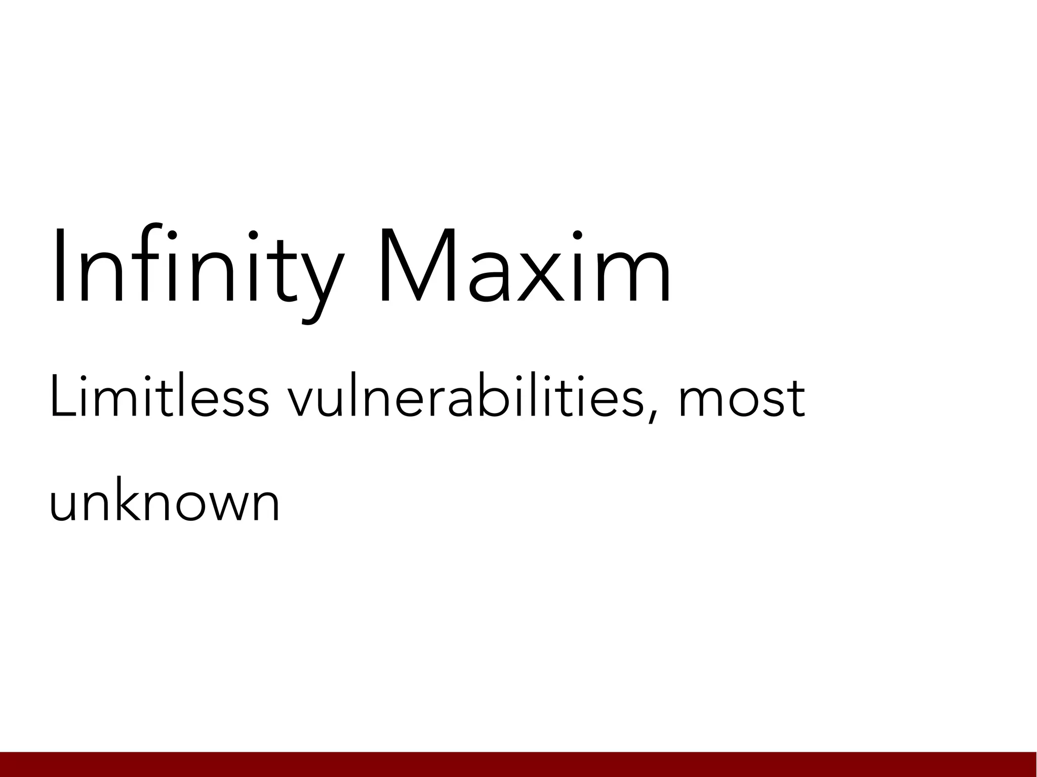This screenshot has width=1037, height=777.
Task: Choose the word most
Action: [x=741, y=397]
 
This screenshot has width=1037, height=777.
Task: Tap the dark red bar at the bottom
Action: [x=518, y=764]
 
